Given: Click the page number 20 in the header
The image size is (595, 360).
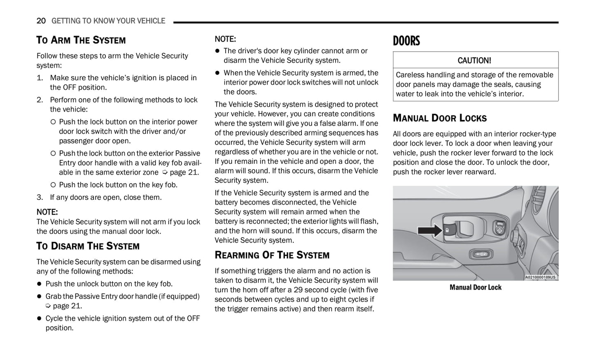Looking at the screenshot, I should pos(41,21).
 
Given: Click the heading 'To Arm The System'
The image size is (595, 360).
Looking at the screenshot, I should pos(81,40).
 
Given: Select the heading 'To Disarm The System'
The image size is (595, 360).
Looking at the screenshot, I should pos(88,246).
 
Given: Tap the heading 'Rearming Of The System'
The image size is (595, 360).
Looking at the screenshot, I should pos(272,255).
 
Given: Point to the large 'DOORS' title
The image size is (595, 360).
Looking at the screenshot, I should pos(406,41).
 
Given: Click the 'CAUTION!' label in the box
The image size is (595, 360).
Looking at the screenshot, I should pos(474,61).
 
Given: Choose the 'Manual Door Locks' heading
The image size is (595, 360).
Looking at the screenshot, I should pos(439,118).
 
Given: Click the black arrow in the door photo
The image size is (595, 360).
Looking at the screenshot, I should pos(430,230).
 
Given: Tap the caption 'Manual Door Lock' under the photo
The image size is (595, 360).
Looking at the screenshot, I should pos(475,288).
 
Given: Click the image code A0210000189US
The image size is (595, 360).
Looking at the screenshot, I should pos(541,277).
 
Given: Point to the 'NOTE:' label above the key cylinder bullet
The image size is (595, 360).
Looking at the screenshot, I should pos(225,39).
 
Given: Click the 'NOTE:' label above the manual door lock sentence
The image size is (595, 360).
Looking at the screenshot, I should pos(47,212).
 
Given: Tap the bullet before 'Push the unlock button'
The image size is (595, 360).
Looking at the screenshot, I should pos(40,284).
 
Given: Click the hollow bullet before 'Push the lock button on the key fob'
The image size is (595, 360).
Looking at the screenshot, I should pos(53,185).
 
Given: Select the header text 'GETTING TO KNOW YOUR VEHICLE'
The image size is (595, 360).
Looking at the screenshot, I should pos(108,21).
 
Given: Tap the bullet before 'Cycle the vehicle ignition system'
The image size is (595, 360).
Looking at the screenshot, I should pos(40,319).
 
